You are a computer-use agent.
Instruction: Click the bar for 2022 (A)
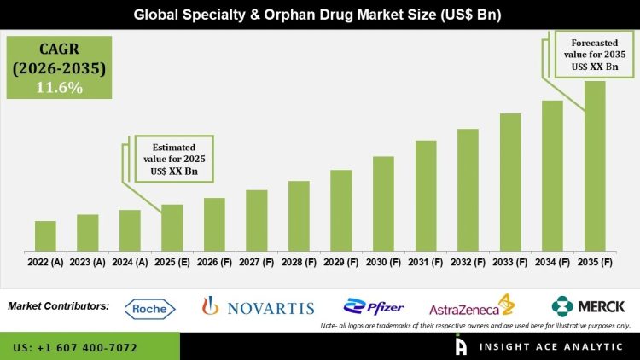45,236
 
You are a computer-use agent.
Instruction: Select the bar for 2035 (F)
595,166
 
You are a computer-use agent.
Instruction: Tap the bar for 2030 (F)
383,204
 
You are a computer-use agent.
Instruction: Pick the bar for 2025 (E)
172,228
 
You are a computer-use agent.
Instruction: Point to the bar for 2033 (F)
510,183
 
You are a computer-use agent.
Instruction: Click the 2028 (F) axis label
299,263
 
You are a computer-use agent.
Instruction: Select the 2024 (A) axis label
130,263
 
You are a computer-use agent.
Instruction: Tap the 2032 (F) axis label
468,263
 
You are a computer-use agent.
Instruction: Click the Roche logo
150,308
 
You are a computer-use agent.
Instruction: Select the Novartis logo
258,307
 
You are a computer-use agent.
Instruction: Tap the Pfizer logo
373,306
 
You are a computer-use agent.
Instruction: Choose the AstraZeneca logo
471,307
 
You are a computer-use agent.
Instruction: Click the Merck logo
589,305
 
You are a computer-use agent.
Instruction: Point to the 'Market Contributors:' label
58,305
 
